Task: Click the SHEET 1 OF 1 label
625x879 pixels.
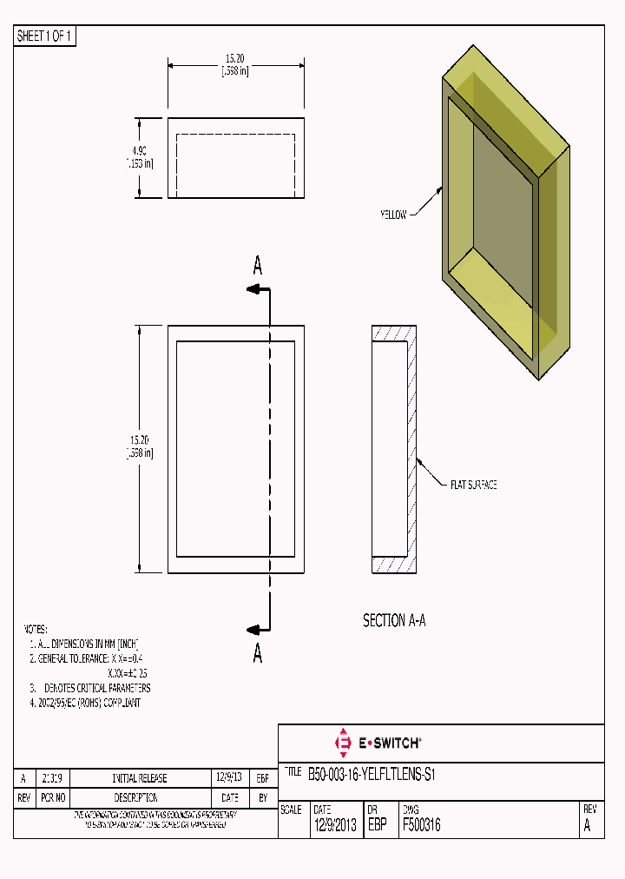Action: [x=45, y=36]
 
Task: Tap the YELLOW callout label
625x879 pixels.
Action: [x=392, y=215]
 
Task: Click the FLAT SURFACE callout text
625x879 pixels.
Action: [x=473, y=485]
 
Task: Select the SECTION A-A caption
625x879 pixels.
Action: [x=394, y=621]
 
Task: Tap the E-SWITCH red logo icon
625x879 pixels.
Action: [x=342, y=743]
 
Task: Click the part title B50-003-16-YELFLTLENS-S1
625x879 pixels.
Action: [x=371, y=774]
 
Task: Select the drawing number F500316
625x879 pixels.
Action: [x=422, y=826]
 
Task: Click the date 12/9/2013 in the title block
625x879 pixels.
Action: [x=334, y=826]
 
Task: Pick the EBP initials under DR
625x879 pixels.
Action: [x=378, y=826]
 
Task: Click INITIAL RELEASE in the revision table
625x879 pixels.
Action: [x=140, y=779]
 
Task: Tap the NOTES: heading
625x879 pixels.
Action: [x=35, y=629]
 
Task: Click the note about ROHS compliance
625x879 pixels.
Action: [x=85, y=703]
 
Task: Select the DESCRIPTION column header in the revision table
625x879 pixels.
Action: [x=135, y=797]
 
